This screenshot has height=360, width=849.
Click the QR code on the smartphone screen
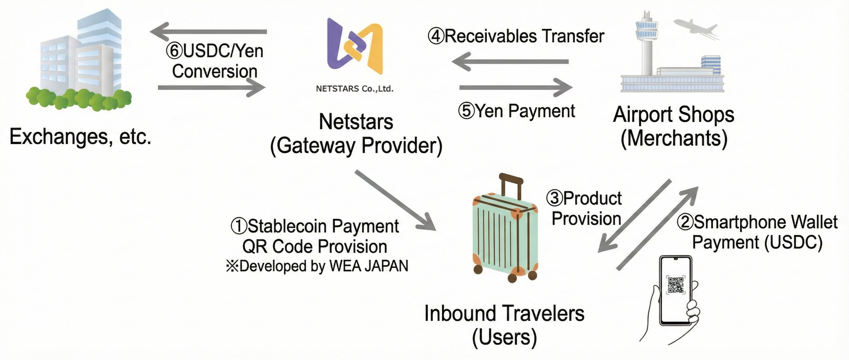click(x=676, y=285)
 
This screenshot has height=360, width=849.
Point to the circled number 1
click(x=239, y=226)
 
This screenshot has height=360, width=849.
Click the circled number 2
click(x=685, y=222)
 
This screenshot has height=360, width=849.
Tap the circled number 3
click(x=554, y=198)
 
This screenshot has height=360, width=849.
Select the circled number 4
click(x=436, y=37)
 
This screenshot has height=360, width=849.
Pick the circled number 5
click(x=466, y=111)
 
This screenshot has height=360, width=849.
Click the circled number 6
click(x=174, y=51)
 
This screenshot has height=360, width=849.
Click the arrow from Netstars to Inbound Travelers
click(x=395, y=200)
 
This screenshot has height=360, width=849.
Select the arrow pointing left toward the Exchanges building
click(x=208, y=31)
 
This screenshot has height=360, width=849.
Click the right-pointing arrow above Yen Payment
click(x=516, y=87)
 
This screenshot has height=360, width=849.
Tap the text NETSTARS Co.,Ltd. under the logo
click(x=354, y=89)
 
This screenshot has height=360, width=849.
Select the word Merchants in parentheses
click(x=674, y=138)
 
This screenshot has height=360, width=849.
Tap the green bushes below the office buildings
click(x=79, y=98)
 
